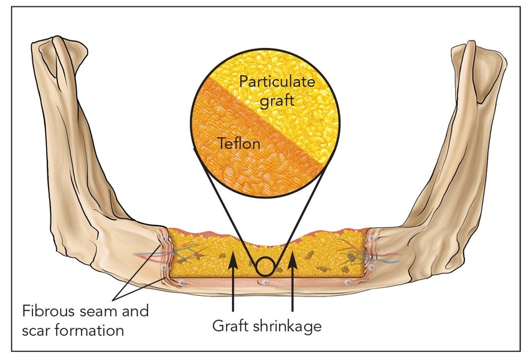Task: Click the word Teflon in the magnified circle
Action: (240, 144)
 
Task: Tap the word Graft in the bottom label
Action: (234, 326)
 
